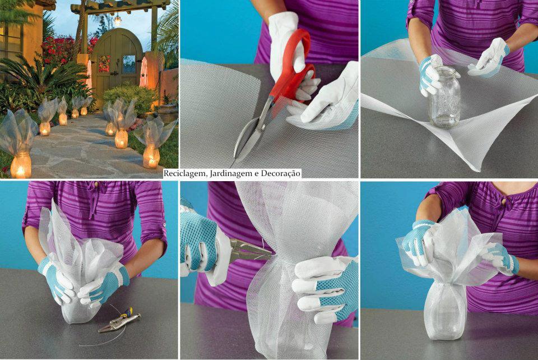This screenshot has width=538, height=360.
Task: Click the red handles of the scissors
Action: click(291, 68)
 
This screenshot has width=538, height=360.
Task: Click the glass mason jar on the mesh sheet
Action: click(444, 97)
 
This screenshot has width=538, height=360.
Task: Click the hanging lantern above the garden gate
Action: click(118, 19)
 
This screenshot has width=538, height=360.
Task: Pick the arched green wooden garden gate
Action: click(116, 65)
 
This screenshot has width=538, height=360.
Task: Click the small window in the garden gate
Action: click(129, 64)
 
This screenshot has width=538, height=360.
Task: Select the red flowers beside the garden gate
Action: click(58, 51)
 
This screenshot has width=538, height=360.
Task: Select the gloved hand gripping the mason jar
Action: click(430, 74)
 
